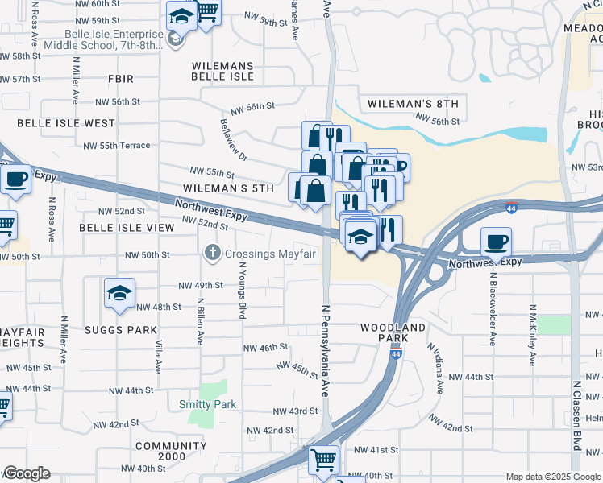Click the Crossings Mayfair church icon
coord(213,254)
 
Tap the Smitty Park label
coord(208,404)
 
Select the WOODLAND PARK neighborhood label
coord(393,332)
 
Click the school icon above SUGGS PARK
coord(119,293)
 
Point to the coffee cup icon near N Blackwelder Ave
coord(497,241)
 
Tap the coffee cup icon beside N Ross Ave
coord(15,180)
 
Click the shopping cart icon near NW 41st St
coord(323,460)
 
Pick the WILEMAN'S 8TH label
coord(412,104)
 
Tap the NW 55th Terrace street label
coord(117,145)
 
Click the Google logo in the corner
coord(26,473)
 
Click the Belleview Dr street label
coord(233,139)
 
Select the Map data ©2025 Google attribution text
coord(552,477)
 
